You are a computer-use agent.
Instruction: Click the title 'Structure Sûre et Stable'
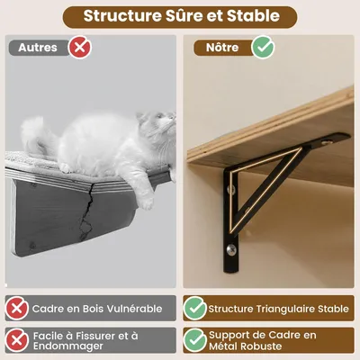tap(180, 16)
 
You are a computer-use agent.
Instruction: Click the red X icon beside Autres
tap(79, 47)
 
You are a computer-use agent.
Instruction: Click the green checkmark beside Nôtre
tap(263, 47)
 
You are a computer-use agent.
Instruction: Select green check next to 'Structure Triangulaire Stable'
tap(195, 309)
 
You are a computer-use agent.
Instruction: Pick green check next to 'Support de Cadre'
tap(195, 339)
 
